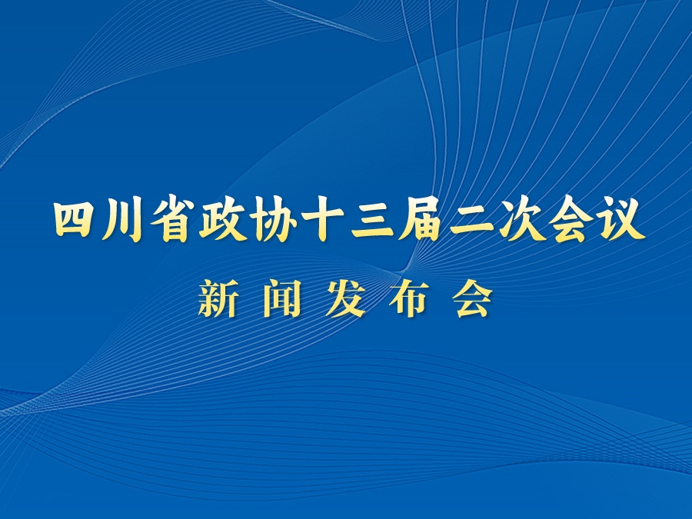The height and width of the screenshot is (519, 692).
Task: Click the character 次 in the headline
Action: (521, 219)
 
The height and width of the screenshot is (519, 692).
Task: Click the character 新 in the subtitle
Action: (217, 300)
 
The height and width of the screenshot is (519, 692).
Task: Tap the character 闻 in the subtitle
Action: (281, 300)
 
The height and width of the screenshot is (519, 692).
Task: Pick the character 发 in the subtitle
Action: (345, 300)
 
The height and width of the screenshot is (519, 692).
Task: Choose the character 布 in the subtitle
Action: (409, 300)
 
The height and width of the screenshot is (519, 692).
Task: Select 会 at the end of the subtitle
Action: (473, 300)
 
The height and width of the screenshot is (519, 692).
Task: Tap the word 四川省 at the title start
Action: (123, 219)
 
